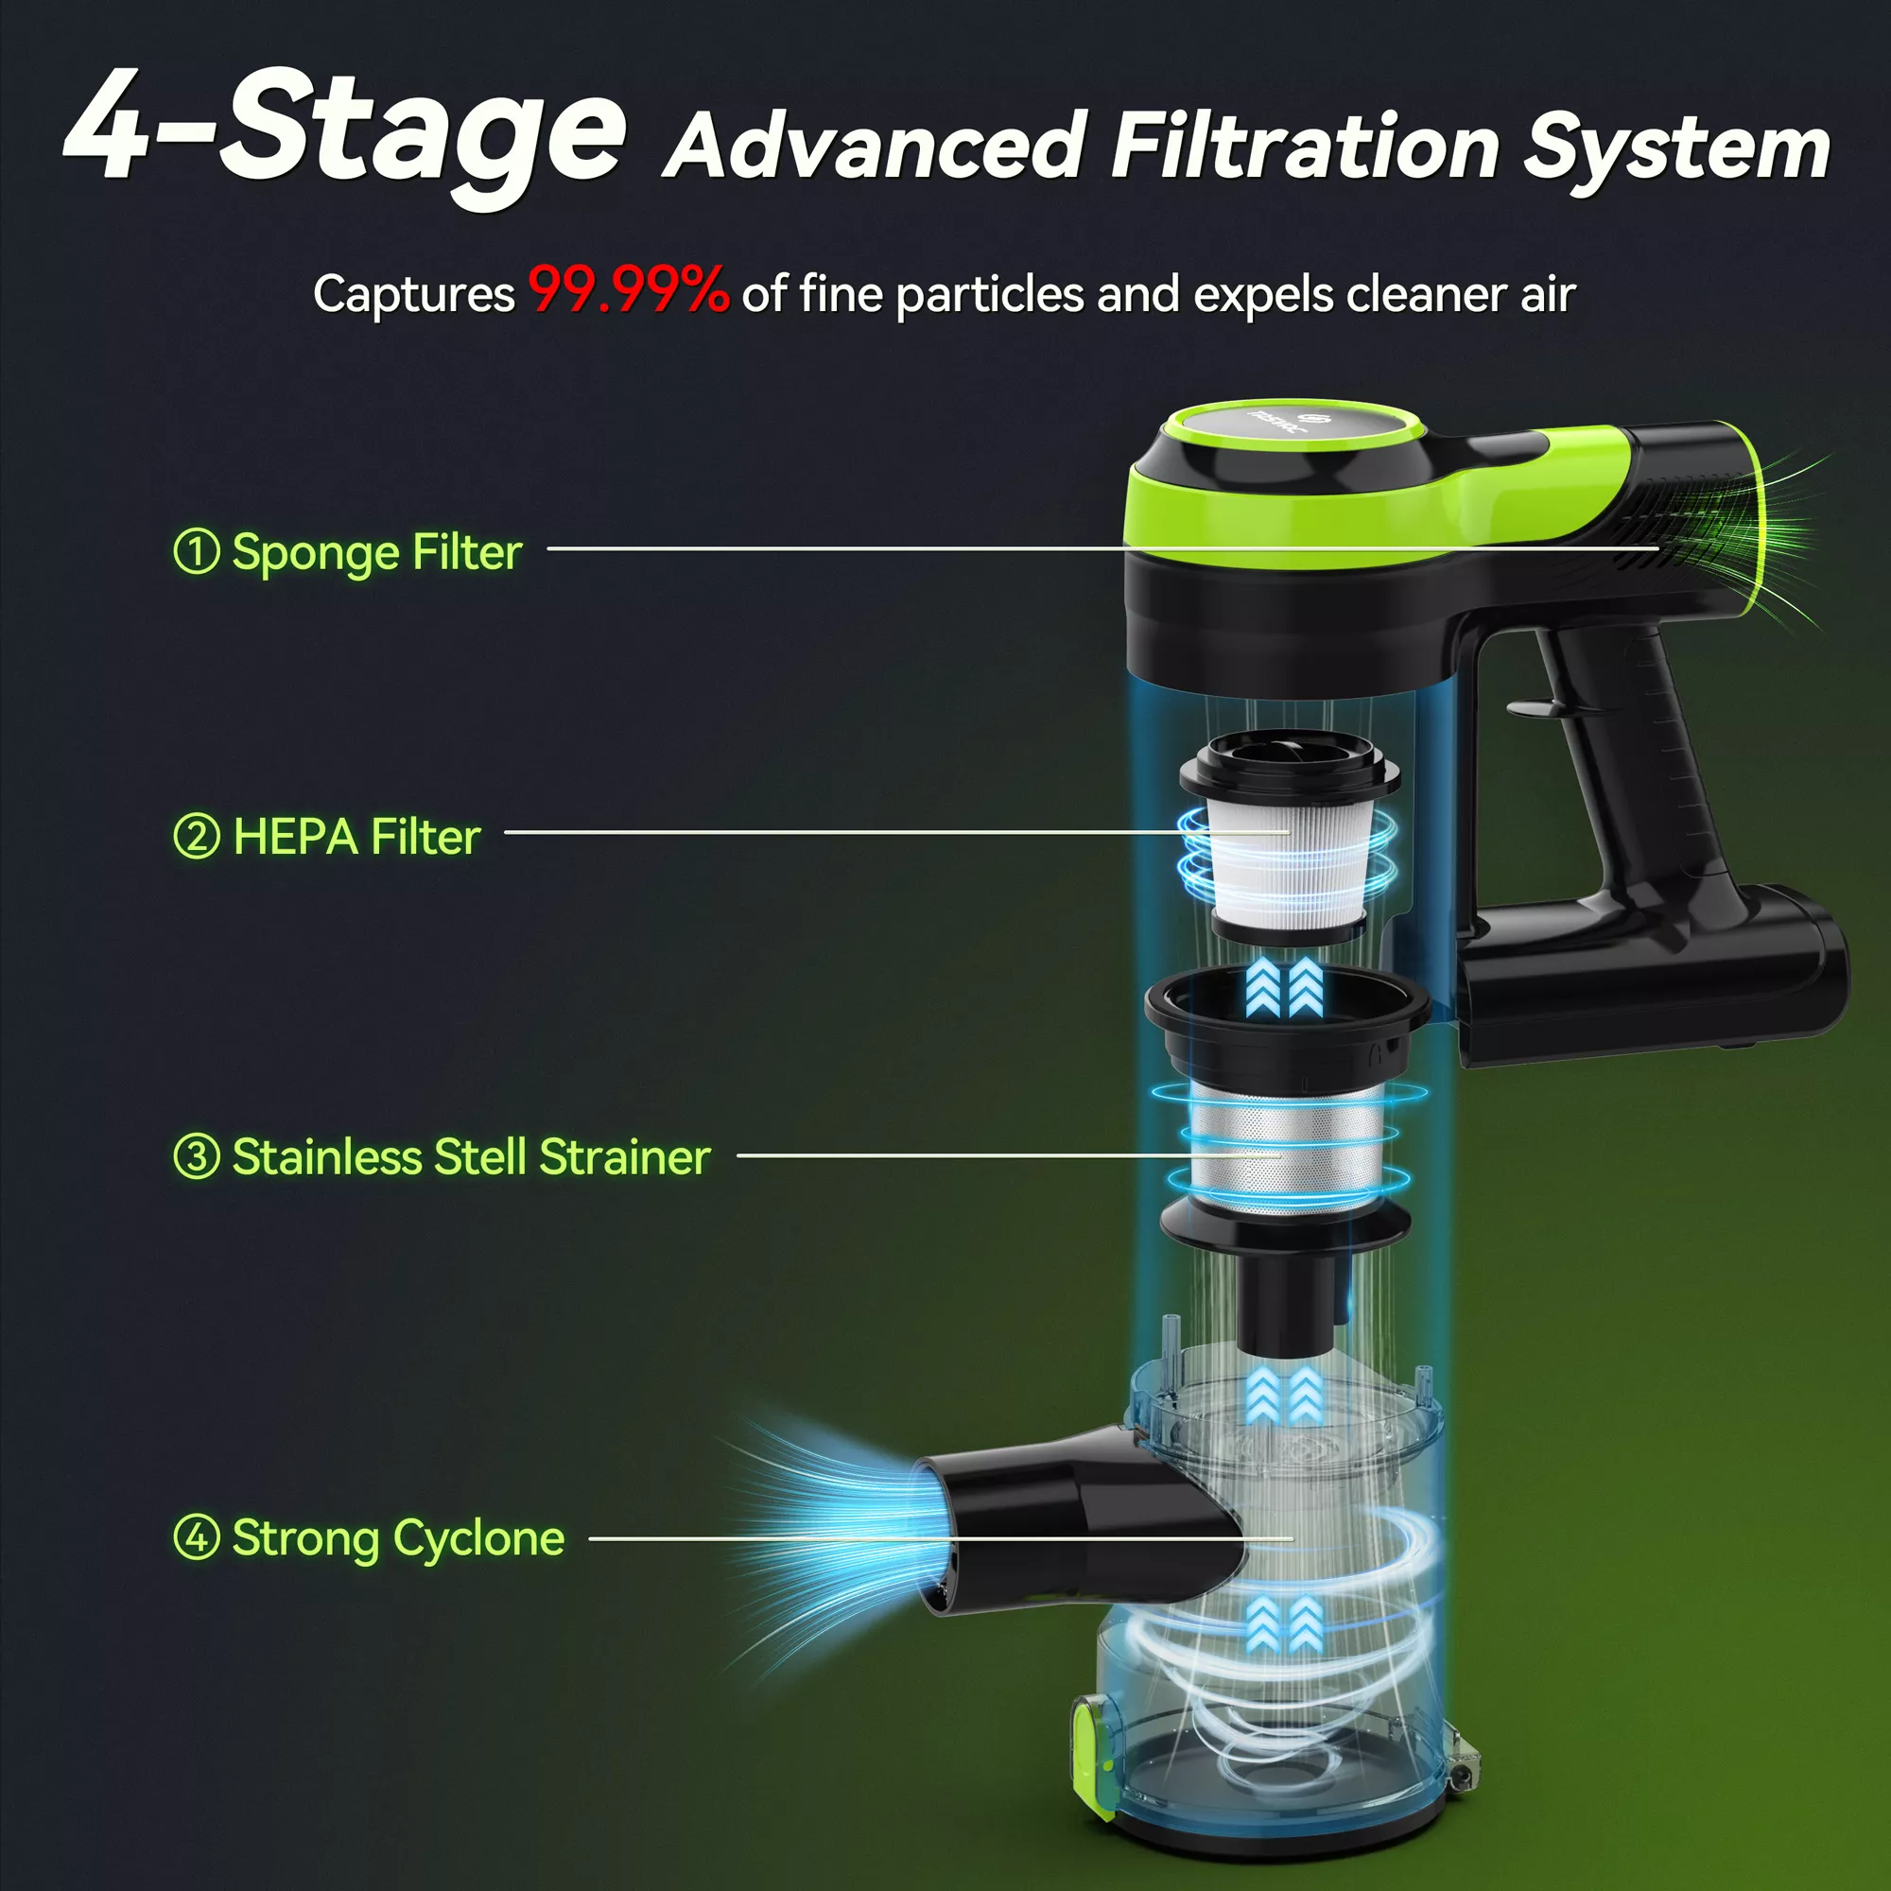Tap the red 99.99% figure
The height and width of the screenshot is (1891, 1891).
pos(629,290)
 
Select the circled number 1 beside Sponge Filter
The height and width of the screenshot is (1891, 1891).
pos(196,551)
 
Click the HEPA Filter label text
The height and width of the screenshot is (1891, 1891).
pos(356,838)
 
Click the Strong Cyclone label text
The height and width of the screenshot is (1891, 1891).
pos(398,1538)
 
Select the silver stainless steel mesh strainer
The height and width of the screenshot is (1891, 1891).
pos(1285,1142)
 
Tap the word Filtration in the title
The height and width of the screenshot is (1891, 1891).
pos(1306,147)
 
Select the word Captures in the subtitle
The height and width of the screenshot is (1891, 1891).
pos(414,293)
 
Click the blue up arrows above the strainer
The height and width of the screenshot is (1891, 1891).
pos(1285,986)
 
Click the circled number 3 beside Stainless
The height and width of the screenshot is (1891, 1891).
pos(196,1156)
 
